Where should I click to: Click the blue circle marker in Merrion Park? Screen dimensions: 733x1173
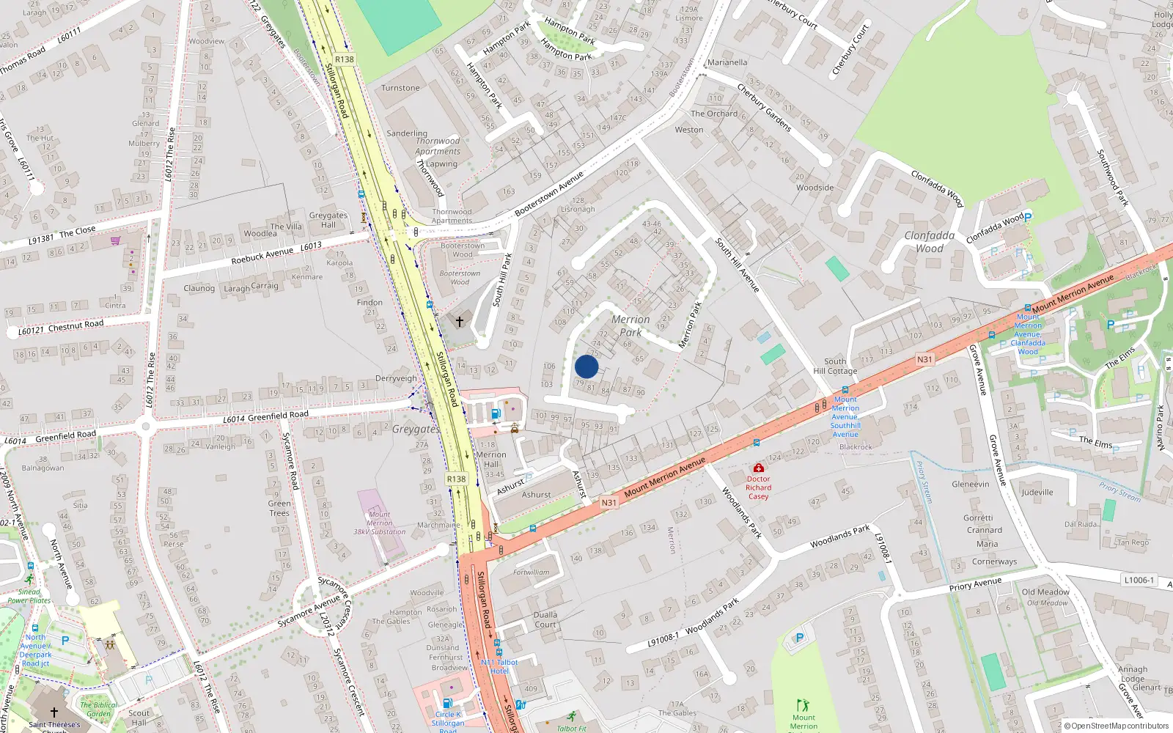(586, 366)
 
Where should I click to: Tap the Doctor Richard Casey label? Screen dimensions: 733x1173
(758, 487)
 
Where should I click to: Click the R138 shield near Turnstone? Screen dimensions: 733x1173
(344, 59)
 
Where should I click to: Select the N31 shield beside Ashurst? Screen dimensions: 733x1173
(608, 503)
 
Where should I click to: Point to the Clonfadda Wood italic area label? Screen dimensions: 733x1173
(930, 242)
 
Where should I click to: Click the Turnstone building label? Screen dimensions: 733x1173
(400, 88)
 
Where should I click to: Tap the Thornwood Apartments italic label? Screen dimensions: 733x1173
(438, 146)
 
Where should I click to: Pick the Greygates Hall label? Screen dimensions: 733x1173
(328, 220)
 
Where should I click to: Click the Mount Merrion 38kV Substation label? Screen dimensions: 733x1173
(379, 523)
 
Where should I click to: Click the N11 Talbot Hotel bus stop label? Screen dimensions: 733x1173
(499, 666)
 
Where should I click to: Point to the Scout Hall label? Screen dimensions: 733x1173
(139, 718)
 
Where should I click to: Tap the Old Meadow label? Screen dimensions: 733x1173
(1045, 592)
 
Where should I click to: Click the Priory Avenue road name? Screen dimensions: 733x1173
(975, 584)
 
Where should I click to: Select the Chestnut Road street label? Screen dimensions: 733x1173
(76, 325)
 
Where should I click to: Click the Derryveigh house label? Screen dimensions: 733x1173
(396, 379)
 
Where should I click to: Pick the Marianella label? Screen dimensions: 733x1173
(727, 62)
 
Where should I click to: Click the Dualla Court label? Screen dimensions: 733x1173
(545, 620)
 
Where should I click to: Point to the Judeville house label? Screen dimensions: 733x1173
(1037, 493)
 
